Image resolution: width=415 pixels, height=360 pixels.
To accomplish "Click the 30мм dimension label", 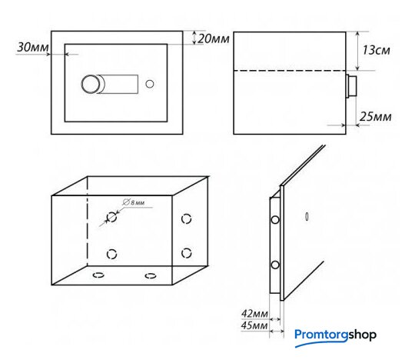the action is pyautogui.click(x=33, y=48).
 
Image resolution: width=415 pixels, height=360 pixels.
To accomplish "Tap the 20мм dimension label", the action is pyautogui.click(x=214, y=38).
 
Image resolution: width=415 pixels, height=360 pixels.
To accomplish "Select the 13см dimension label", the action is pyautogui.click(x=376, y=50).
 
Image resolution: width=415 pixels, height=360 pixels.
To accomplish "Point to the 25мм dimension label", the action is pyautogui.click(x=375, y=116).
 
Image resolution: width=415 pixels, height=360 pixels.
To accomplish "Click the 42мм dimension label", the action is pyautogui.click(x=254, y=314).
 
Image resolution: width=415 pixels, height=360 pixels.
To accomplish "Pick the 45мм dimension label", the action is pyautogui.click(x=254, y=325).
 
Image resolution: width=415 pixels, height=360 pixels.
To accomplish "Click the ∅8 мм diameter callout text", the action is pyautogui.click(x=134, y=202).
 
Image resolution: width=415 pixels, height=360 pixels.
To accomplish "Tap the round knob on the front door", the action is pyautogui.click(x=91, y=85).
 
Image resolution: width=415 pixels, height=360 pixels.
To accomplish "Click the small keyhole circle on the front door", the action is pyautogui.click(x=150, y=84).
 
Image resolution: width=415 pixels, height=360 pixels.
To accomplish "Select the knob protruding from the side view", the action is pyautogui.click(x=351, y=86).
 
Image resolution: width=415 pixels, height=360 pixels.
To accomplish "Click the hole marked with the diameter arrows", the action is pyautogui.click(x=111, y=217).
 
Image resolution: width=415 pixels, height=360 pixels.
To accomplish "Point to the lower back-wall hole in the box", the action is pyautogui.click(x=111, y=254).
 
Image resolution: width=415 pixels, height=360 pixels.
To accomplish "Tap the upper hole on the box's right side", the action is pyautogui.click(x=186, y=218).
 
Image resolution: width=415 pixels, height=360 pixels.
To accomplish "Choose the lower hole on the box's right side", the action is pyautogui.click(x=186, y=253).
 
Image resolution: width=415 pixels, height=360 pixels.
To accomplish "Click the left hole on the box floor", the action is pyautogui.click(x=98, y=275).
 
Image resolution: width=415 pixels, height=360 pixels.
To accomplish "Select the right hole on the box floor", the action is pyautogui.click(x=151, y=275).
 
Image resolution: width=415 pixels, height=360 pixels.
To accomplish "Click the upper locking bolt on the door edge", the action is pyautogui.click(x=275, y=219).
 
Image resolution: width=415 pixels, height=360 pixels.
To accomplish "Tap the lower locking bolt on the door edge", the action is pyautogui.click(x=275, y=265).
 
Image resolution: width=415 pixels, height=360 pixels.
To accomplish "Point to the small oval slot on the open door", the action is pyautogui.click(x=307, y=216).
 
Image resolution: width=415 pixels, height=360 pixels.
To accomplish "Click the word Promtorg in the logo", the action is pyautogui.click(x=321, y=335).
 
